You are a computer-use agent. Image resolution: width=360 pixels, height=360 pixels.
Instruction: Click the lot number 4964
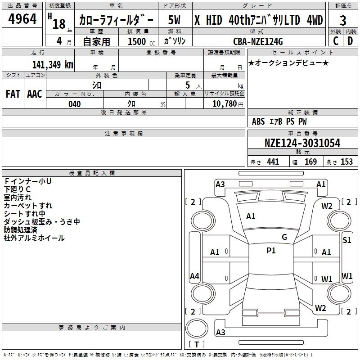(22, 19)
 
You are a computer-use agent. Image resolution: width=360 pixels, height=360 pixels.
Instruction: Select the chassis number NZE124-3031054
(302, 143)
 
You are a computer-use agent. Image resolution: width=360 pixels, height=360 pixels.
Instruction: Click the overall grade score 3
(343, 20)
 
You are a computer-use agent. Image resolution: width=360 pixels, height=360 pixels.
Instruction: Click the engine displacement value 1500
(137, 41)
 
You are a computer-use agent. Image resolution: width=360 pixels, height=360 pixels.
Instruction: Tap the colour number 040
(74, 104)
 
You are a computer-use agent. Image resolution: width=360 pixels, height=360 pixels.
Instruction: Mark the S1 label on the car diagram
(347, 240)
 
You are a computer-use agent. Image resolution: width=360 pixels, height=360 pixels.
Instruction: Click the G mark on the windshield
(284, 237)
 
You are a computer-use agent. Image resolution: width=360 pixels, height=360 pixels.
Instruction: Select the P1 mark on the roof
(271, 251)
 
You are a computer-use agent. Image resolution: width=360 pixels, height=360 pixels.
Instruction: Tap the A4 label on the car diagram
(194, 276)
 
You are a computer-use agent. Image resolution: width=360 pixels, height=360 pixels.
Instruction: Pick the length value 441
(273, 162)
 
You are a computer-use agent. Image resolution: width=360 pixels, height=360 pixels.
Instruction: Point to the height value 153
(346, 162)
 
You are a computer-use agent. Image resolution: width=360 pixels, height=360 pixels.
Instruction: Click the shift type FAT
(13, 94)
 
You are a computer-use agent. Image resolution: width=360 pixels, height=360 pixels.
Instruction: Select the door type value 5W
(175, 20)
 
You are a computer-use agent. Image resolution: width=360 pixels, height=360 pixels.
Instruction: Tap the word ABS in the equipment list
(258, 121)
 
